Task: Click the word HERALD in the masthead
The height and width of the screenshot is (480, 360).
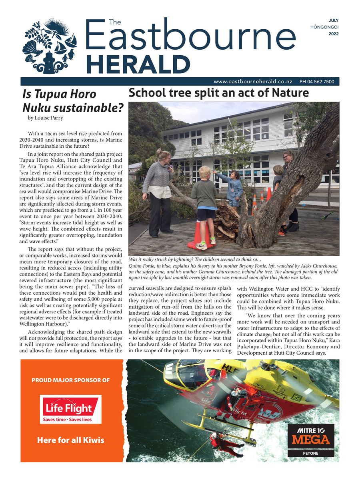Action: [138, 64]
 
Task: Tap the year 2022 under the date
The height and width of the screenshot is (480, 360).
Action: [333, 34]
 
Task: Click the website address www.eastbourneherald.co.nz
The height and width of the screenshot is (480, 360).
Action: [254, 82]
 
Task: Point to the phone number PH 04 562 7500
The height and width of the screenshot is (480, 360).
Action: [317, 82]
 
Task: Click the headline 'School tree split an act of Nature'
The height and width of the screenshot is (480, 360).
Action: [218, 93]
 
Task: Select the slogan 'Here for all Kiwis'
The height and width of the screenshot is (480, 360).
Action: [70, 440]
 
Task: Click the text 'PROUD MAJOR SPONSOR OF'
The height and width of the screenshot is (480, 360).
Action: [70, 380]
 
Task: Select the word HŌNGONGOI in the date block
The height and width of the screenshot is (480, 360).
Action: [324, 27]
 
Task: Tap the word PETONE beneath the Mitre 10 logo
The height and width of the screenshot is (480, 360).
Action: [311, 454]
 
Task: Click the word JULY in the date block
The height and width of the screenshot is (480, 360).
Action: [333, 20]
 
